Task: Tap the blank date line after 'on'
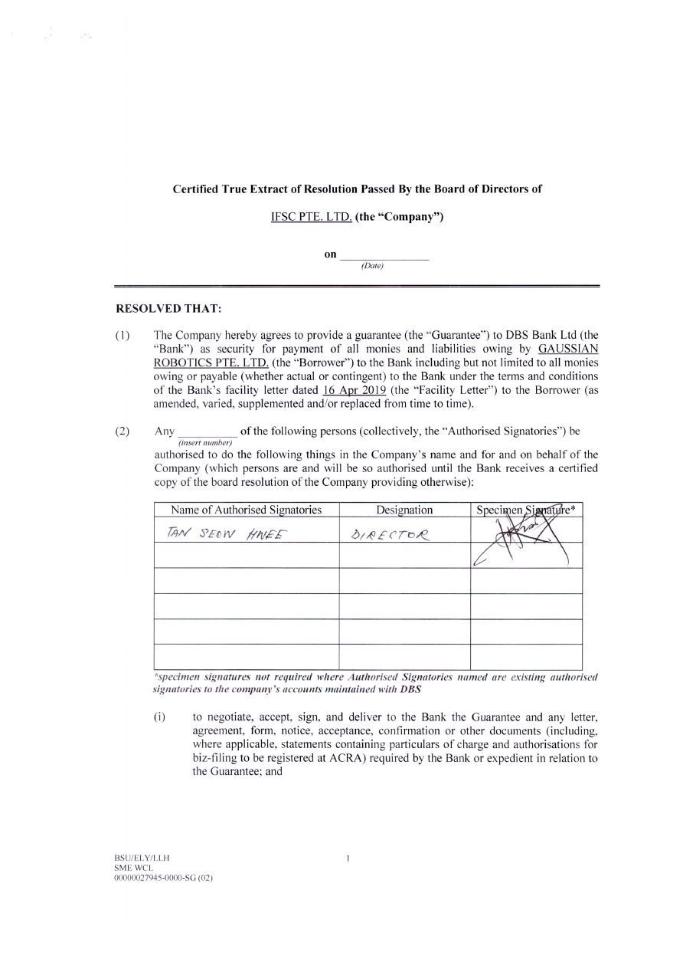coord(384,255)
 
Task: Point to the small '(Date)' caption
coord(371,266)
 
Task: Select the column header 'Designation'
coord(404,510)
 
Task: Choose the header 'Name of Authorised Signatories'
coord(246,510)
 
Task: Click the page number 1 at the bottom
coord(348,858)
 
